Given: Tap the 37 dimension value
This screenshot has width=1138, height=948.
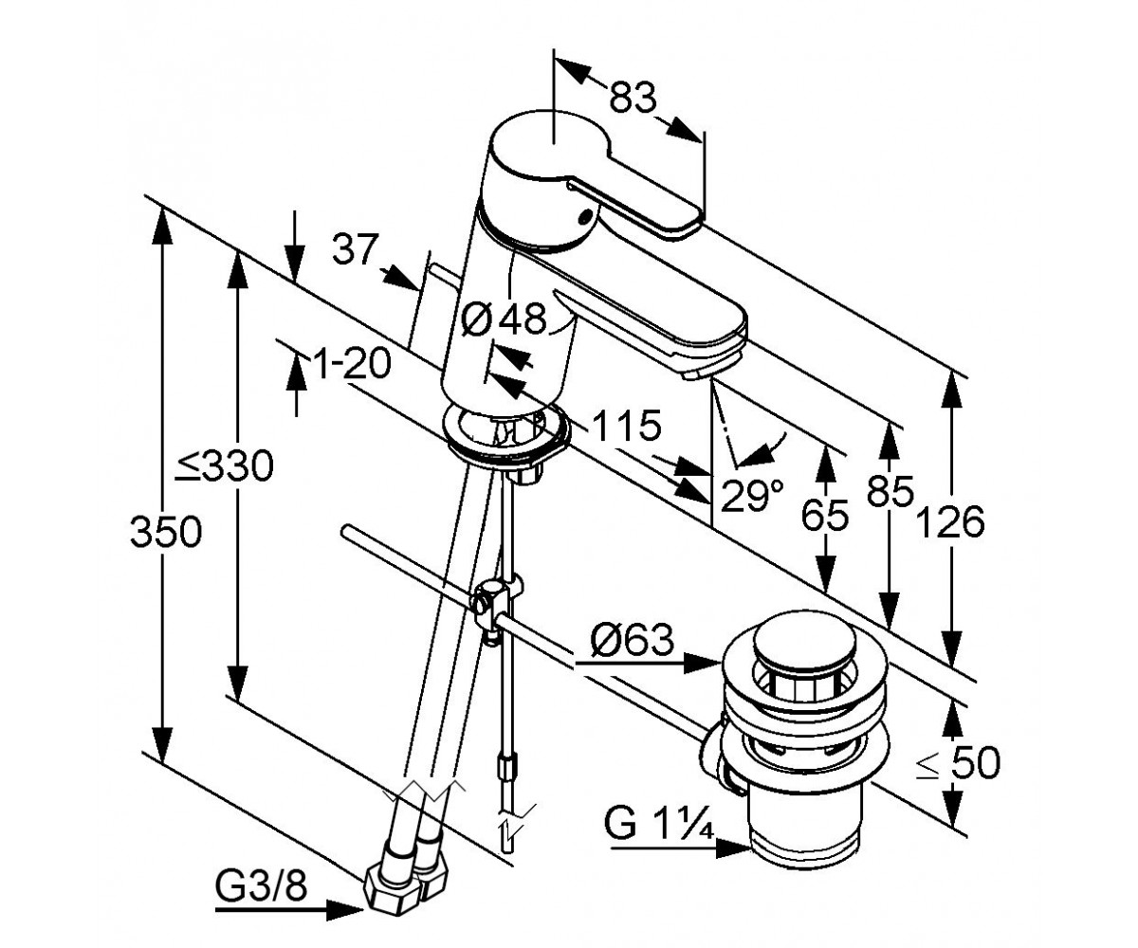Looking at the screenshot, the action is [355, 248].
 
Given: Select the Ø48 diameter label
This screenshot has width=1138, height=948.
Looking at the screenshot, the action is [503, 319].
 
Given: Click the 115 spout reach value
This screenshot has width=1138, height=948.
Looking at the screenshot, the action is [626, 425].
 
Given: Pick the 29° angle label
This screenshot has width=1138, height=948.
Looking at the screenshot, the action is [752, 496].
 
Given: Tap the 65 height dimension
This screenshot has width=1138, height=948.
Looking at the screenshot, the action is [825, 514].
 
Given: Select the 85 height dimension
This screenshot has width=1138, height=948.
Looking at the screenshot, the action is [890, 491].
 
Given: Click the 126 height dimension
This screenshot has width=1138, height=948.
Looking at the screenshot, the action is [950, 522].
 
